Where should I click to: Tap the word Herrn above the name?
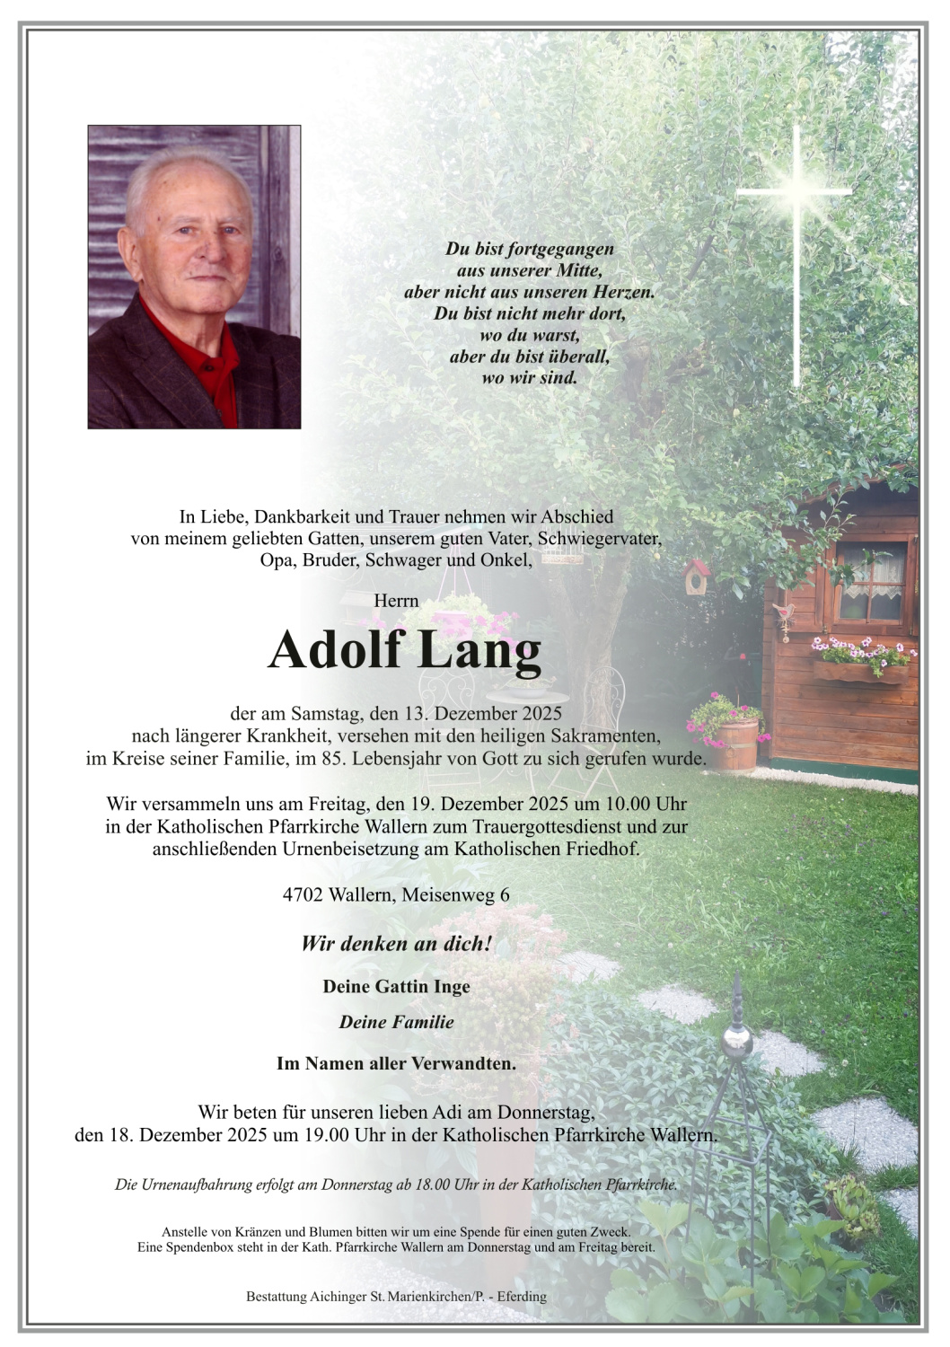pos(396,600)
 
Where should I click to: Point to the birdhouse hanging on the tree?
pos(696,577)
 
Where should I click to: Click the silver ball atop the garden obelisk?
pos(737,1042)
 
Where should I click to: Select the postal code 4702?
pos(303,894)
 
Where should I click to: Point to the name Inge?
pos(452,986)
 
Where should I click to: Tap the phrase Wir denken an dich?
pos(396,943)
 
